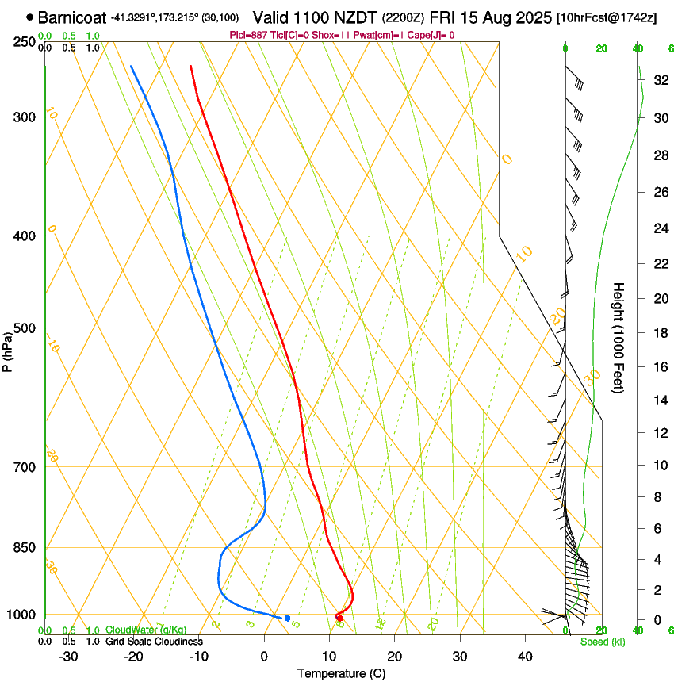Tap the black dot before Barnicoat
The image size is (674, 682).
29,17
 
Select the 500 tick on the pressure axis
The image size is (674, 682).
25,328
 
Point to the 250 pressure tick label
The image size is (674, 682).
25,41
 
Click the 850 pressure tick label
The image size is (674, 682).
25,548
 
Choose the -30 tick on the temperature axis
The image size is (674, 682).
68,657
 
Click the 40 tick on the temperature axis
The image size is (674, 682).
525,657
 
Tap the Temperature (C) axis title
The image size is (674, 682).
341,673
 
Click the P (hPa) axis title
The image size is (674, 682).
8,349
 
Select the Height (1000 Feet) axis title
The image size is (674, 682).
618,337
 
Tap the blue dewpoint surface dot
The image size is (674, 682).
287,618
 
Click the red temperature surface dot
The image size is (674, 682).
339,617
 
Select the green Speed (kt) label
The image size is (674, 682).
602,642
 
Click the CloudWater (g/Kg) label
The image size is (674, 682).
145,630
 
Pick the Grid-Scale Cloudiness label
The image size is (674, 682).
153,642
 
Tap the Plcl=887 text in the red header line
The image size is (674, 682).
247,35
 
